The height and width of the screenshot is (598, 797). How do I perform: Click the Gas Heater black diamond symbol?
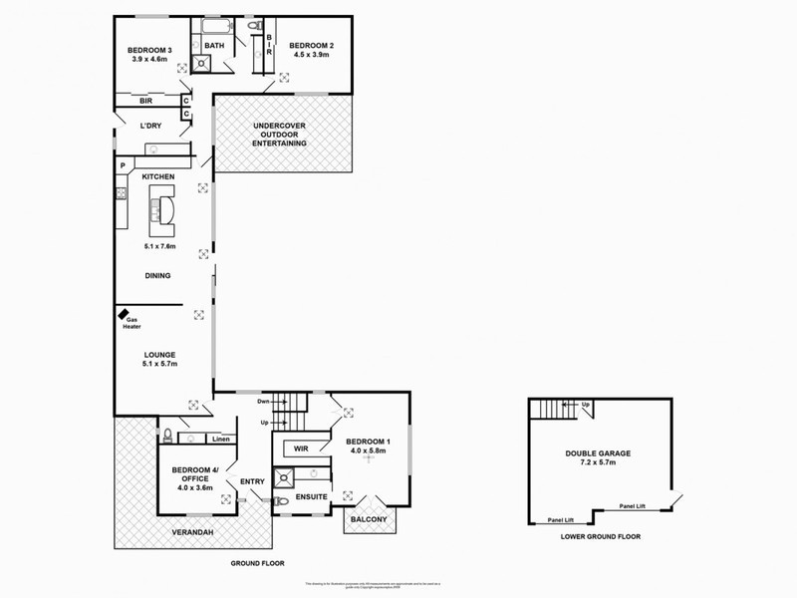pyautogui.click(x=120, y=314)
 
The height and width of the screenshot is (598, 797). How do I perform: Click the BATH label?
pyautogui.click(x=214, y=46)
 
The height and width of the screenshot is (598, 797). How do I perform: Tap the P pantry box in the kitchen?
pyautogui.click(x=123, y=165)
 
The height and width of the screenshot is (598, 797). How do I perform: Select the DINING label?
pyautogui.click(x=157, y=276)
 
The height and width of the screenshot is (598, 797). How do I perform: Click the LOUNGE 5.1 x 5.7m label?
pyautogui.click(x=158, y=359)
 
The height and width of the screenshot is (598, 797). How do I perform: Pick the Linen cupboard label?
pyautogui.click(x=220, y=439)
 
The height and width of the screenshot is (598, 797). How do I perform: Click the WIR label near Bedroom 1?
pyautogui.click(x=300, y=447)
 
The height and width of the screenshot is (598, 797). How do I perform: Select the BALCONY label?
pyautogui.click(x=369, y=519)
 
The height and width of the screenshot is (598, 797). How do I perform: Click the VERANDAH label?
pyautogui.click(x=195, y=531)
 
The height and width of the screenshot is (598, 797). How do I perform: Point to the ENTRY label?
pyautogui.click(x=252, y=482)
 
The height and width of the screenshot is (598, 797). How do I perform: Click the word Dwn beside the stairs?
pyautogui.click(x=264, y=402)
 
